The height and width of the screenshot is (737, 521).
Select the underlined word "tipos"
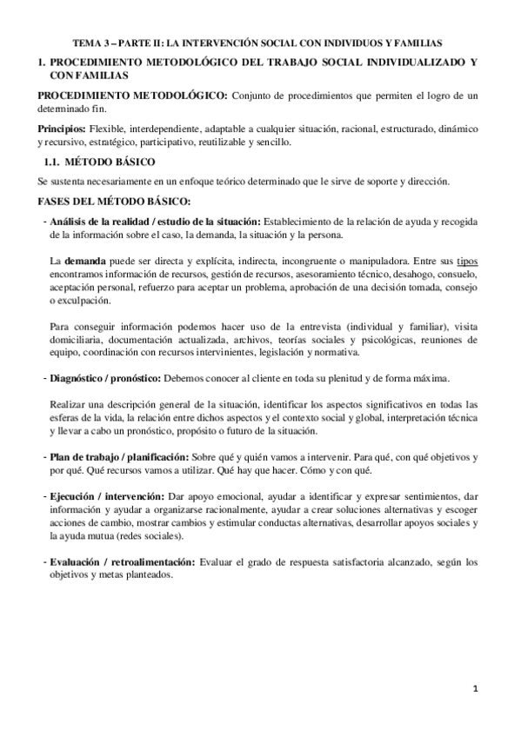pos(468,261)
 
